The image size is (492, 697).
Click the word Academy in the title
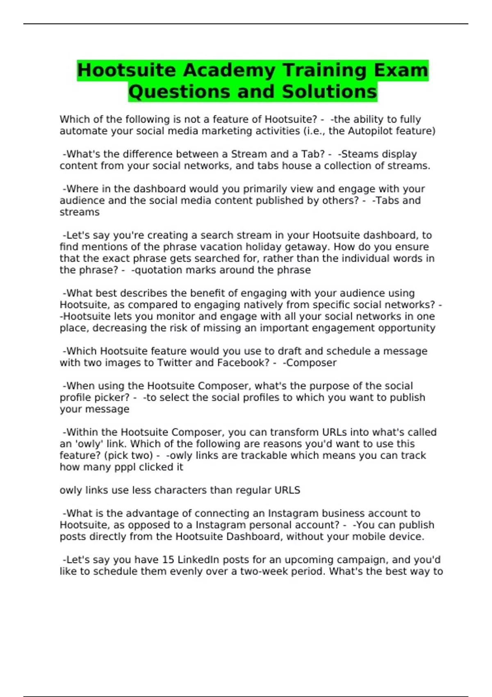pos(229,70)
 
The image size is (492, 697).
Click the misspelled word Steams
pos(357,154)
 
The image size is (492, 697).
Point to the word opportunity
pos(406,328)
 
